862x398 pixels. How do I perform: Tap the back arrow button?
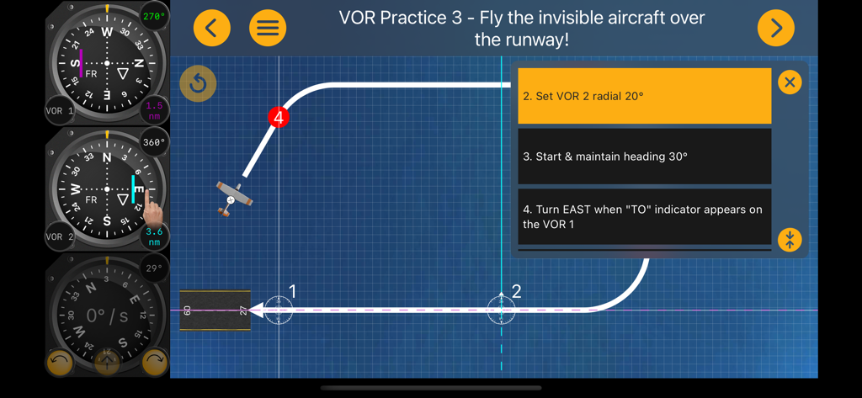(211, 29)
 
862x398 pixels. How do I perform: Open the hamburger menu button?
(268, 29)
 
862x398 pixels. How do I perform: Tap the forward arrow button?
(775, 29)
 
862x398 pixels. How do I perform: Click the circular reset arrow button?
(198, 83)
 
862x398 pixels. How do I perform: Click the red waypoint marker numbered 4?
(279, 117)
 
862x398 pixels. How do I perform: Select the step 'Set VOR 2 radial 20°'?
(644, 96)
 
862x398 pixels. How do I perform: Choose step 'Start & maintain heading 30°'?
(644, 157)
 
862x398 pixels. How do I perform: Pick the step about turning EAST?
(644, 217)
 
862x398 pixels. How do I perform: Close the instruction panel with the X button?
(789, 82)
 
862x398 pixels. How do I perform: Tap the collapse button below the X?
(789, 239)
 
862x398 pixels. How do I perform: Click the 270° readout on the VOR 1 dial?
(154, 16)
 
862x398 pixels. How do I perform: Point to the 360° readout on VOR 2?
(154, 142)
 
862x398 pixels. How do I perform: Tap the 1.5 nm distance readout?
(154, 110)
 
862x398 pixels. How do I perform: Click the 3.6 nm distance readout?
(154, 236)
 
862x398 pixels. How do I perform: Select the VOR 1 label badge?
(59, 111)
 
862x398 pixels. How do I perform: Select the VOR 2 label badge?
(59, 237)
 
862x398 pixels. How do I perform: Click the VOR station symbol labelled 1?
(279, 310)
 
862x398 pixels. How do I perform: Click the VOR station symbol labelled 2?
(501, 310)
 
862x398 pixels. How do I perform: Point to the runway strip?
(215, 310)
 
